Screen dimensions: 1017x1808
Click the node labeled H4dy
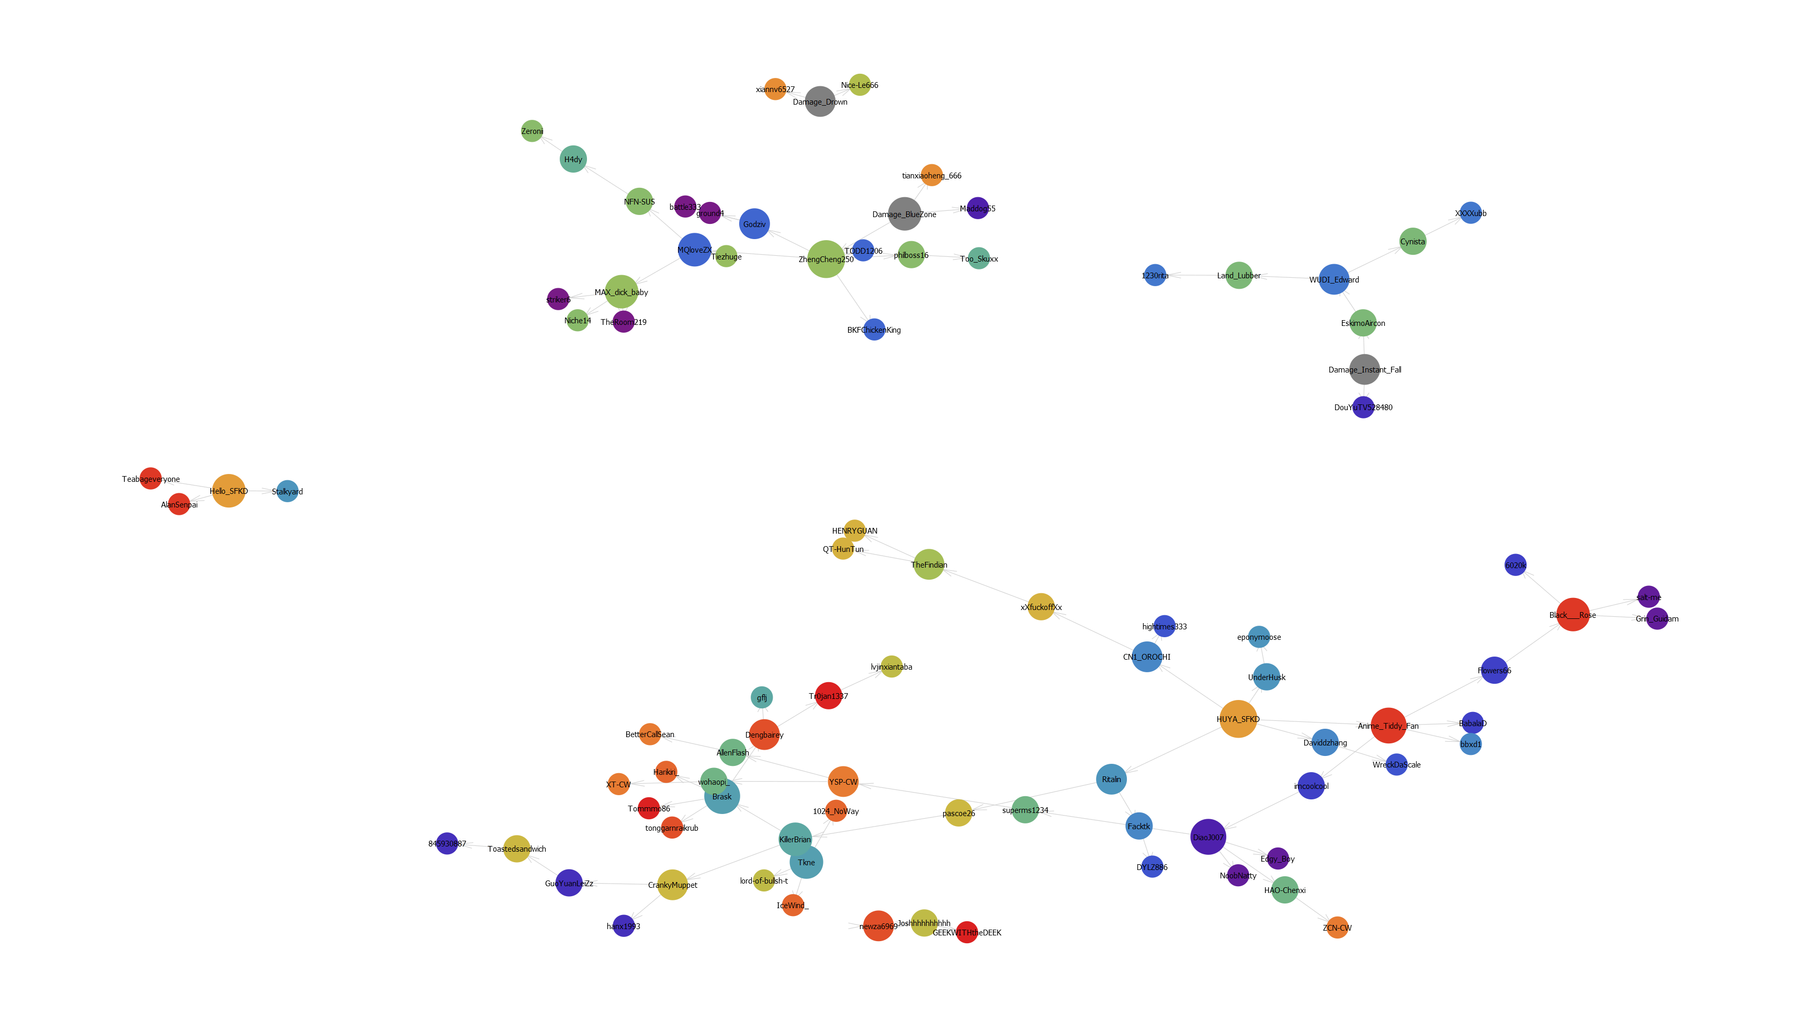click(x=573, y=160)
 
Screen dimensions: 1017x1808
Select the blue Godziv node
click(x=754, y=224)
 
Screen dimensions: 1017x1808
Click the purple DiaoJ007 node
click(x=1208, y=837)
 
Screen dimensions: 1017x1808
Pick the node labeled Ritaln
click(x=1111, y=779)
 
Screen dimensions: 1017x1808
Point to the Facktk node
click(x=1138, y=826)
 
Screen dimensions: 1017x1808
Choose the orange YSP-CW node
click(x=843, y=781)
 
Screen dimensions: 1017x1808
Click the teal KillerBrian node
click(x=795, y=839)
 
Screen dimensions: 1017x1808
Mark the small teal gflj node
click(x=762, y=698)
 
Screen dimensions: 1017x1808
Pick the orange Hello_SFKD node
click(x=229, y=491)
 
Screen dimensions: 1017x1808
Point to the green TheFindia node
click(x=929, y=564)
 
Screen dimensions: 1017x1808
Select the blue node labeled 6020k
click(x=1516, y=565)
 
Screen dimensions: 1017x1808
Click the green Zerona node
click(x=532, y=131)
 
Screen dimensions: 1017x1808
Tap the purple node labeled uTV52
click(x=1363, y=407)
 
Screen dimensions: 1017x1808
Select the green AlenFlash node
click(x=732, y=752)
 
